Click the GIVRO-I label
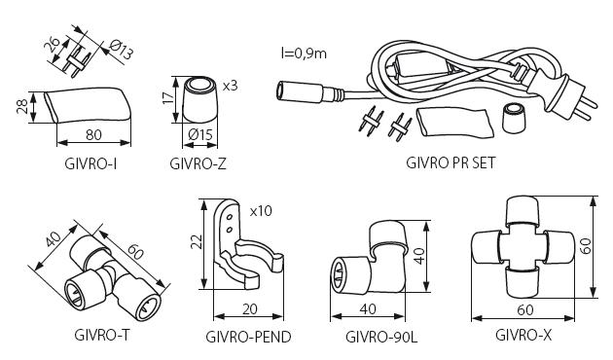point(90,163)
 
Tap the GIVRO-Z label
point(198,163)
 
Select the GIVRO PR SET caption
point(451,162)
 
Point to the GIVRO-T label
point(101,335)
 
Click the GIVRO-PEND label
point(248,336)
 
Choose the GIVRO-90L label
point(381,336)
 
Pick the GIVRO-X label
point(523,335)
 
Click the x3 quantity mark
point(231,86)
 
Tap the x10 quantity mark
point(261,211)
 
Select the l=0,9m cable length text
point(304,53)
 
